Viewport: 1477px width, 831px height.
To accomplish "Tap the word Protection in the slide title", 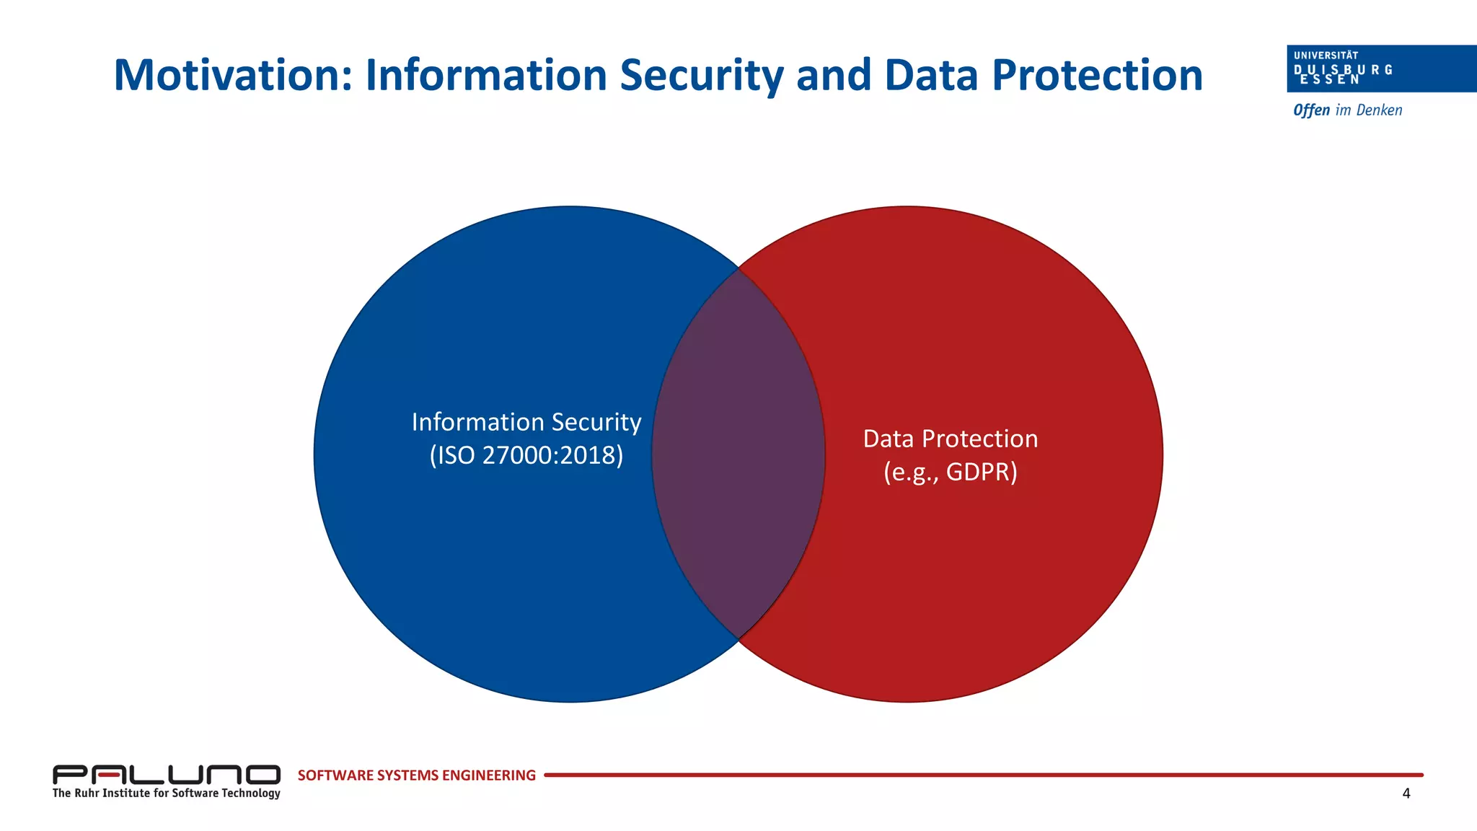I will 1097,75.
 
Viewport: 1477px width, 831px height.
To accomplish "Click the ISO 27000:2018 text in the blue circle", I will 526,455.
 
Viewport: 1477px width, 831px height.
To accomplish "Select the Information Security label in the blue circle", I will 526,422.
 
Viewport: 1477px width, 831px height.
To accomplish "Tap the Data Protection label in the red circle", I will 951,439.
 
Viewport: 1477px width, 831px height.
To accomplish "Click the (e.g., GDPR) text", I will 951,472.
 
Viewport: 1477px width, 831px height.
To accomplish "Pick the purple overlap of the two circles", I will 738,454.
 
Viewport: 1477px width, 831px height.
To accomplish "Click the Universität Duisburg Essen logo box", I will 1380,69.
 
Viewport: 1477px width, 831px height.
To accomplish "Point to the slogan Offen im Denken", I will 1347,110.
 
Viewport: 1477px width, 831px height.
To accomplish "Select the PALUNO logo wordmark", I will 166,775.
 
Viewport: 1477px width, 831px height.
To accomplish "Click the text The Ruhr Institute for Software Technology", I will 166,793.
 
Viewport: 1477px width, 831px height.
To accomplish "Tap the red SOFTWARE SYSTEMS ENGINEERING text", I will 416,775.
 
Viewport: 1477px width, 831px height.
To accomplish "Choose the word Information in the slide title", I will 486,75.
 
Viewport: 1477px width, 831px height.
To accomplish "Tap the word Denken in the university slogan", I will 1379,110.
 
